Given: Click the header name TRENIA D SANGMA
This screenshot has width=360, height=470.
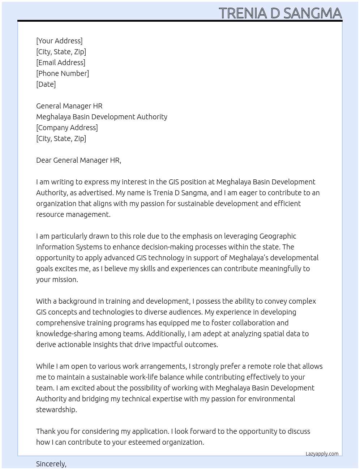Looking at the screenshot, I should [280, 13].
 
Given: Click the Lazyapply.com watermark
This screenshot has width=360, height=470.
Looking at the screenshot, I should [322, 454].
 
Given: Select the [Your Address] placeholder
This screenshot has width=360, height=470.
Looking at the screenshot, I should [59, 41].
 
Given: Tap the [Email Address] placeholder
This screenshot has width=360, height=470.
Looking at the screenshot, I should [61, 63].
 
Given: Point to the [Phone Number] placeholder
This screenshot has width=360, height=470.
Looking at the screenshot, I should [63, 73].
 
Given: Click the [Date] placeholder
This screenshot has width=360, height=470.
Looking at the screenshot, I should [46, 84].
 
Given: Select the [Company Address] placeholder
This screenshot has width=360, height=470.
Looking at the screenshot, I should [67, 128].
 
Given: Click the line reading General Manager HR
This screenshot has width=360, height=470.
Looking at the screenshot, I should [69, 106].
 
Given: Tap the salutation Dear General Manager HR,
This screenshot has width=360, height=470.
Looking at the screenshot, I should [78, 160].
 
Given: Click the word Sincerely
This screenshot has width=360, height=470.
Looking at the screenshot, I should [51, 464].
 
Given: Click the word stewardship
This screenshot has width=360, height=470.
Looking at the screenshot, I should [56, 410].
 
